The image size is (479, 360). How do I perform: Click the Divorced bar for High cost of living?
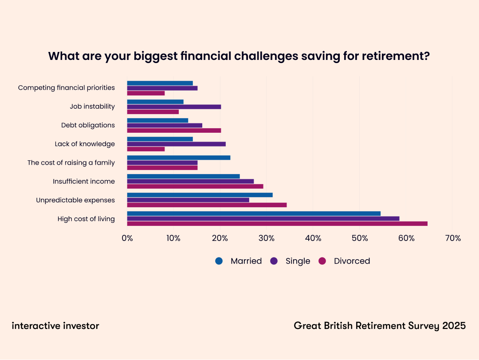[x=277, y=223]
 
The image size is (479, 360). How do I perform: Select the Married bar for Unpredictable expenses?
[x=200, y=195]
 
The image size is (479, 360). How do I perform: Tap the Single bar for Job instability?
[x=174, y=107]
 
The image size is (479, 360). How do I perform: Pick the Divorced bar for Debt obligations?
[x=174, y=131]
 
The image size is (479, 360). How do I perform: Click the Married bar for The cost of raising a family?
[x=179, y=158]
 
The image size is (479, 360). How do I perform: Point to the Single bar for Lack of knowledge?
[x=176, y=144]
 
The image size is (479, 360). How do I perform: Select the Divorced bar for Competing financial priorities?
[x=146, y=93]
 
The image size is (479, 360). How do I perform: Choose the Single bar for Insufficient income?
[x=190, y=181]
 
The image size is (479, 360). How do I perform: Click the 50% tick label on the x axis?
[x=360, y=238]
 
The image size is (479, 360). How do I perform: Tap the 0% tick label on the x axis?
[x=127, y=238]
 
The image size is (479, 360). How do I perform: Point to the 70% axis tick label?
[x=452, y=238]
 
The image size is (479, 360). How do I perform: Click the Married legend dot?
[x=219, y=261]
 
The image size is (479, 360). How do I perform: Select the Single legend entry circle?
[x=274, y=261]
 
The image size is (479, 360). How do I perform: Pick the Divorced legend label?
[x=352, y=261]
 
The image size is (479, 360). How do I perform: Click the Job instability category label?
[x=92, y=107]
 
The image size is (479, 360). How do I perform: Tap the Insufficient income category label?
[x=84, y=181]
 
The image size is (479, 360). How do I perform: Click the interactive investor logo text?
[x=55, y=326]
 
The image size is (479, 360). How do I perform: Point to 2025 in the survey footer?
[x=454, y=326]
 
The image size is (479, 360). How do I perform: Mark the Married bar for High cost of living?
[x=254, y=214]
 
